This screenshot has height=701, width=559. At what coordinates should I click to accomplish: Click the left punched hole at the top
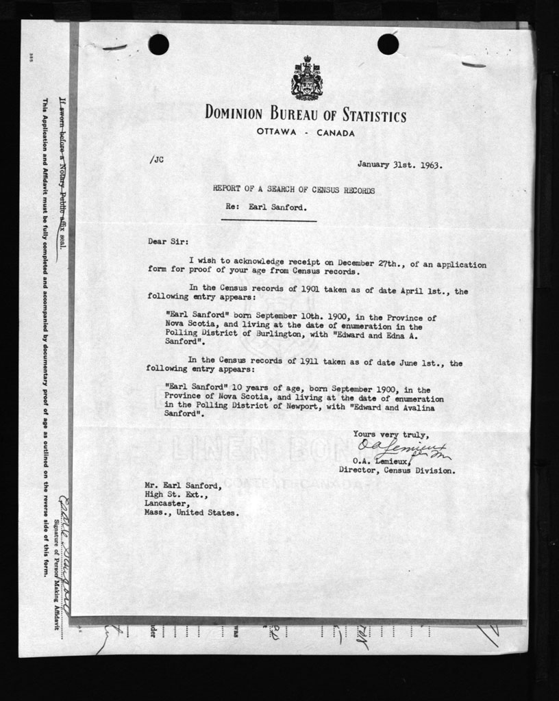click(158, 44)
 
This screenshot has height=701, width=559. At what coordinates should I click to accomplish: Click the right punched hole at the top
click(388, 44)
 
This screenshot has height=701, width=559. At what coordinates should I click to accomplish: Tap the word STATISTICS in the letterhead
click(364, 116)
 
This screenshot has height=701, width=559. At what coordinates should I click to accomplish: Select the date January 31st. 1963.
click(399, 165)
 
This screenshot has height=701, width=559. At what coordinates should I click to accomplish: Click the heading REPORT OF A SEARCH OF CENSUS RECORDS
click(294, 190)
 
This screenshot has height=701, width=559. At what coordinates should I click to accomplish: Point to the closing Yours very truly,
click(391, 434)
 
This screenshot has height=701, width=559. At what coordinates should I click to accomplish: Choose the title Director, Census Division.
click(396, 471)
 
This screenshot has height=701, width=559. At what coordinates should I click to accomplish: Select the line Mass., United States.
click(192, 512)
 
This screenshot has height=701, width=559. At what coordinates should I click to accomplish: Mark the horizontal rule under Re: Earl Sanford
click(269, 220)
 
